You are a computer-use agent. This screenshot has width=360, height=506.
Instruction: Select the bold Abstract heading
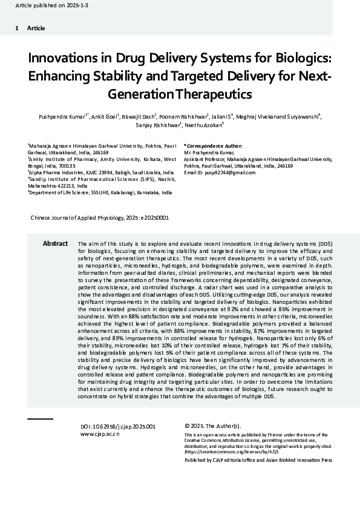click(55, 243)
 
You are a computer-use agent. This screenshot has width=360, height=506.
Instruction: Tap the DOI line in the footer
click(118, 426)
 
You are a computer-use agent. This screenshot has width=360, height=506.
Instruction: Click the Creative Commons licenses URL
click(223, 452)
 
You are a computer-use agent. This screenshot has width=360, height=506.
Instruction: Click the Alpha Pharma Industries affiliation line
click(101, 172)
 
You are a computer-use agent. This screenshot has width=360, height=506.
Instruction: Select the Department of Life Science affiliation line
click(100, 192)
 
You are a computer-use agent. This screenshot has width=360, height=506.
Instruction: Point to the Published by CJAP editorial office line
click(258, 460)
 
